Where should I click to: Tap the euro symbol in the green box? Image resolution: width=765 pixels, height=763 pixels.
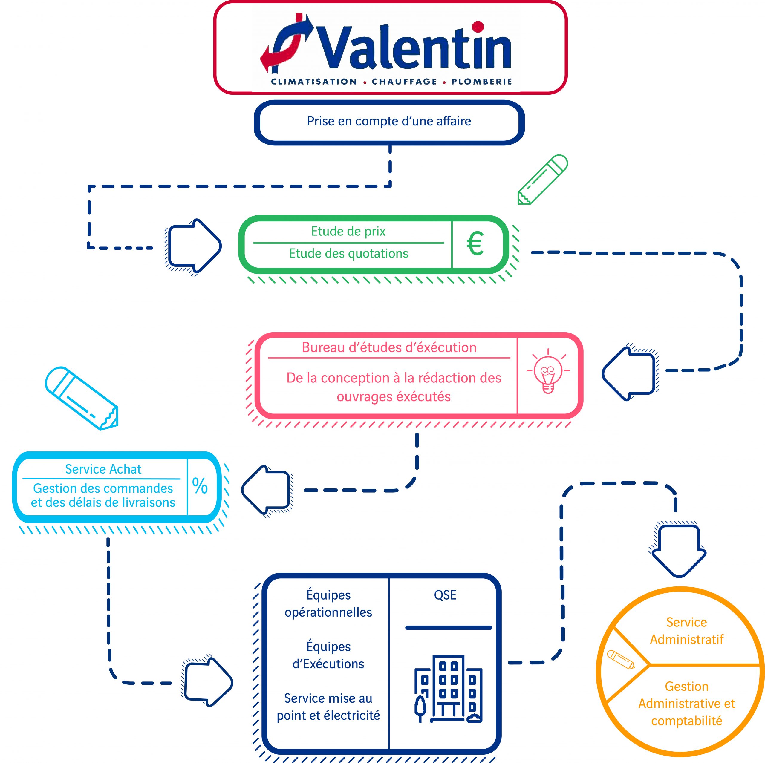tap(475, 243)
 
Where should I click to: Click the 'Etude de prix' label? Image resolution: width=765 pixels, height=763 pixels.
tap(348, 231)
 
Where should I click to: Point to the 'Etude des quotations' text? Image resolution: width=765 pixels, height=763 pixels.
tap(348, 253)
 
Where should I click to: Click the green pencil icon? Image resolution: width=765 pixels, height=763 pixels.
tap(543, 179)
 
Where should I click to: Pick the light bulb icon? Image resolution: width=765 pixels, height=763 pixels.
tap(548, 371)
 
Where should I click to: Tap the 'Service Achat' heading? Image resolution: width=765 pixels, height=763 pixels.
tap(103, 469)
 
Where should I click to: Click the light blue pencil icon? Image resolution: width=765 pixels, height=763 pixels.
tap(82, 398)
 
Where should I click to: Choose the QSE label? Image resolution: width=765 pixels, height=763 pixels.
tap(445, 595)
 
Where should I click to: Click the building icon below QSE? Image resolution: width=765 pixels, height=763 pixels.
tap(448, 689)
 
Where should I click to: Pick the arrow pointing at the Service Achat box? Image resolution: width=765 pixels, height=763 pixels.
tap(266, 490)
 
